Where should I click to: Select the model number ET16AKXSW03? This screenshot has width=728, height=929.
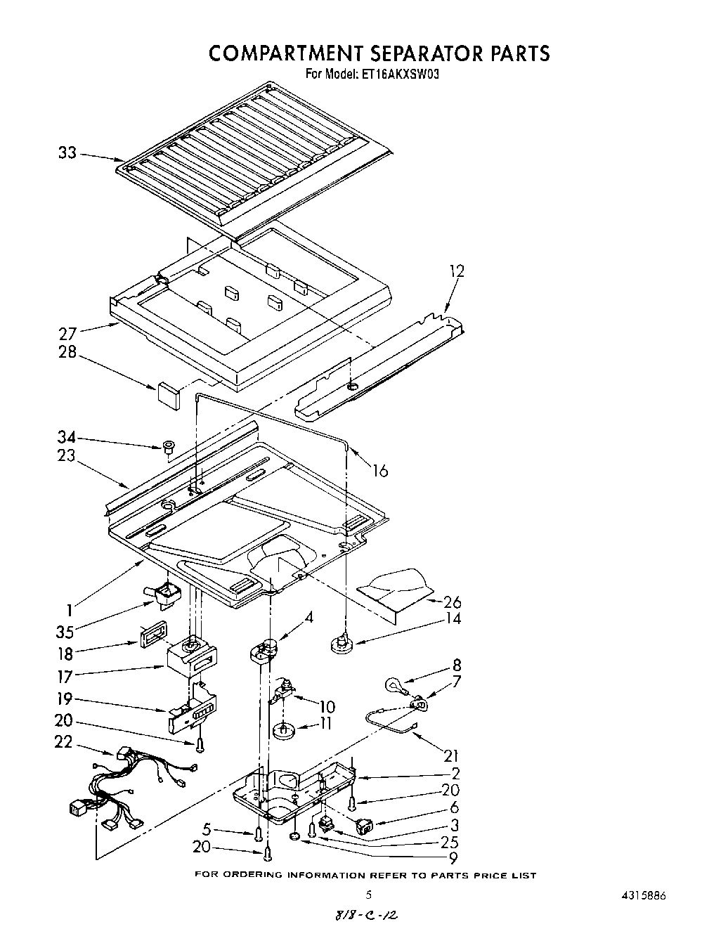click(x=394, y=74)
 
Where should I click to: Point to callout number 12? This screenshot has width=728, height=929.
click(x=456, y=271)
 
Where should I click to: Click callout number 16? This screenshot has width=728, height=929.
click(x=379, y=470)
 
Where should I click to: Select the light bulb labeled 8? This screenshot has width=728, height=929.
click(x=393, y=684)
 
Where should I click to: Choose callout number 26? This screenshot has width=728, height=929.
click(x=453, y=602)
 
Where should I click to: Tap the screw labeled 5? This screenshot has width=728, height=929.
click(x=259, y=833)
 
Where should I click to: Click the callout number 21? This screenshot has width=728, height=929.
click(x=451, y=755)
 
